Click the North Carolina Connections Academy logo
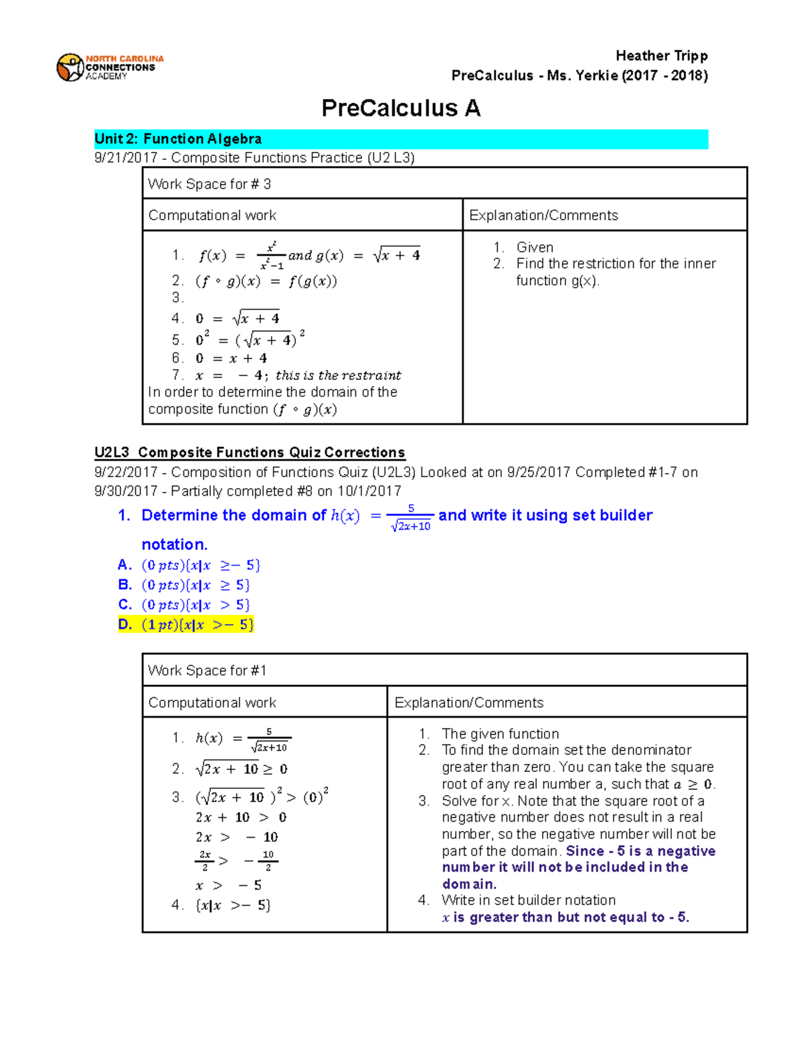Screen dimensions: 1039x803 coord(110,68)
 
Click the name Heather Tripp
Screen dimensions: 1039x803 coord(661,56)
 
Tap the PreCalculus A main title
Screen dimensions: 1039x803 coord(401,108)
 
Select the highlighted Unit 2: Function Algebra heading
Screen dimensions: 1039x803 coord(178,139)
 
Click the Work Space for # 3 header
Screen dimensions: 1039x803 coord(209,184)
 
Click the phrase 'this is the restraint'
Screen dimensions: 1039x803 coord(338,375)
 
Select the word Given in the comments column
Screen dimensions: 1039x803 coord(535,247)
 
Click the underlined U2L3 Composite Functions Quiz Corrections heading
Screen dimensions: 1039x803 coord(250,452)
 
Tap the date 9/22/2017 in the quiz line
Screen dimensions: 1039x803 coord(126,472)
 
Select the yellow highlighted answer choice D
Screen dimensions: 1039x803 coord(187,625)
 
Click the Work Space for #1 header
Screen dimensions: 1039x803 coord(207,670)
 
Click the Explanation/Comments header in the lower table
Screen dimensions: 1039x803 coord(468,702)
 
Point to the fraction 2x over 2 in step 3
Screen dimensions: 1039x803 coord(205,860)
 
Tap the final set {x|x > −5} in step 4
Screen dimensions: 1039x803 coord(233,905)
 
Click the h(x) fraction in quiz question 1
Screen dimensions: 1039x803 coord(410,517)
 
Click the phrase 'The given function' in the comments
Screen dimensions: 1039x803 coord(500,734)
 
